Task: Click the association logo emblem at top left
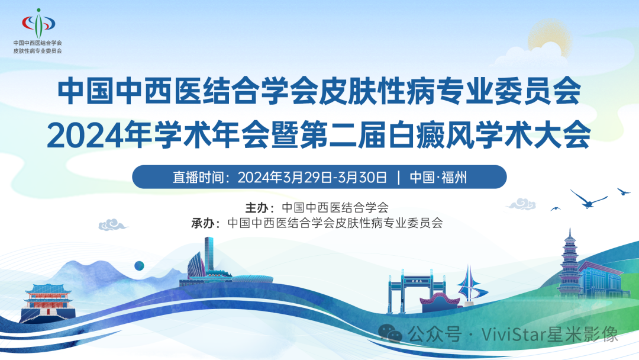tap(38, 23)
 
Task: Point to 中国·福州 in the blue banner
tap(438, 177)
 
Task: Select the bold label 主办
tap(257, 208)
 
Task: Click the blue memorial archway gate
tap(408, 291)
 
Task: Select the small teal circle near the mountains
tap(140, 266)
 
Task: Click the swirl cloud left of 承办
tap(112, 224)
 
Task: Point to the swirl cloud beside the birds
tap(521, 204)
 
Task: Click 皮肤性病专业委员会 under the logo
tap(37, 51)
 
